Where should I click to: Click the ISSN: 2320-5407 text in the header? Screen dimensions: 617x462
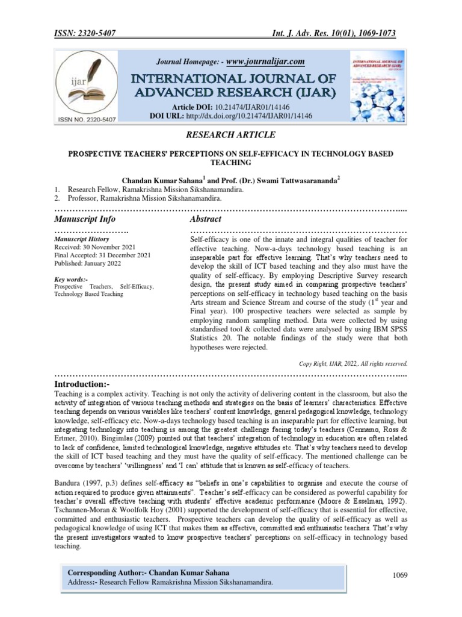[x=88, y=33]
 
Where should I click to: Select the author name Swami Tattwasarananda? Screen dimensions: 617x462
[x=289, y=180]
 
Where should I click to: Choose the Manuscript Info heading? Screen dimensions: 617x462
[x=85, y=219]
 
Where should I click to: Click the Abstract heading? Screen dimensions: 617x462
[x=205, y=219]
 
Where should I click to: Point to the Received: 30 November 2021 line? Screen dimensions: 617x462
[x=95, y=247]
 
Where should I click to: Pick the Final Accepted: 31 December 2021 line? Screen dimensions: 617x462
[x=102, y=255]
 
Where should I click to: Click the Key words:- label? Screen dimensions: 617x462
[x=70, y=279]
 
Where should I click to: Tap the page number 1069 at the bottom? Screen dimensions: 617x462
[x=400, y=575]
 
